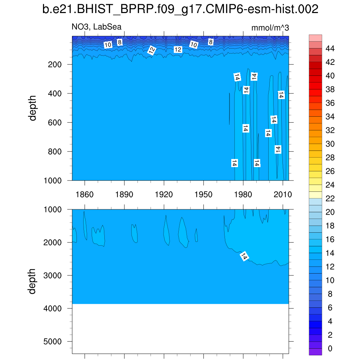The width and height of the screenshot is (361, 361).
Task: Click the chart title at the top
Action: pyautogui.click(x=180, y=10)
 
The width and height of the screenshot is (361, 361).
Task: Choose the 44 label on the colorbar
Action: pyautogui.click(x=330, y=48)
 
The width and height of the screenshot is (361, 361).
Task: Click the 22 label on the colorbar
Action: pyautogui.click(x=330, y=198)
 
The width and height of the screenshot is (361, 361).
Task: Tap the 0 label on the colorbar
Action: pyautogui.click(x=330, y=349)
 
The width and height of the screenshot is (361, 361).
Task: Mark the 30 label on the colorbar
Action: pyautogui.click(x=330, y=144)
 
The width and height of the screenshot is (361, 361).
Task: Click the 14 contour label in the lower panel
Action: pyautogui.click(x=244, y=256)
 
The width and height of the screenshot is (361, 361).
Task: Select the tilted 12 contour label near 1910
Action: pyautogui.click(x=152, y=51)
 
